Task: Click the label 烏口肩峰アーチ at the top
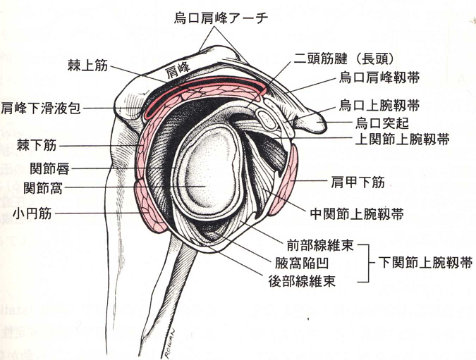tap(221, 18)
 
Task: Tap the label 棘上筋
tap(87, 66)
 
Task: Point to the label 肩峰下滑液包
tap(41, 108)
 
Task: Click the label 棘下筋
tap(37, 145)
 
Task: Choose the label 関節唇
tap(49, 168)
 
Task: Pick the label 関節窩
tap(43, 188)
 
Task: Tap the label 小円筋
tap(32, 214)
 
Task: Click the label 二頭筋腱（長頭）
tap(343, 58)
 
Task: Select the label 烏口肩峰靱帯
tap(379, 78)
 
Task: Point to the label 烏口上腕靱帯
tap(379, 106)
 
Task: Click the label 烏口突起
tap(382, 123)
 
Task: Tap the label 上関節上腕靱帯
tap(402, 139)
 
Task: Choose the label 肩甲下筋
tap(358, 182)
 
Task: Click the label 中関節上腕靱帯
tap(357, 214)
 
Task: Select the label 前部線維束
tap(320, 245)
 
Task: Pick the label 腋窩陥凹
tap(302, 263)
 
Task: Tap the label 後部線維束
tap(302, 281)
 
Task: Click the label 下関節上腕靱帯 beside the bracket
tap(425, 262)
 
